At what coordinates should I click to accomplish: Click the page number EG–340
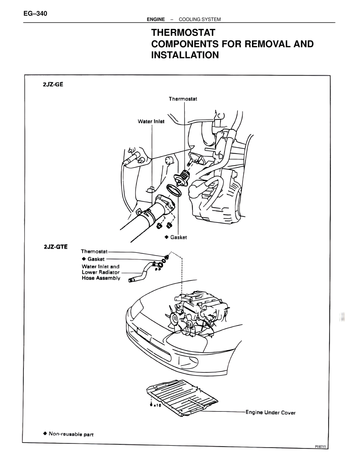(35, 14)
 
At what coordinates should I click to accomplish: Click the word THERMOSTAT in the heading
(183, 33)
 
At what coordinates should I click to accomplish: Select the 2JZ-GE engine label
(53, 84)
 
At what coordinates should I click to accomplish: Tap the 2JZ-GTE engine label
(56, 247)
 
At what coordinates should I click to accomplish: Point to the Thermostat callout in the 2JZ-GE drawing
(183, 99)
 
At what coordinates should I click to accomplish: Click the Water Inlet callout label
(151, 121)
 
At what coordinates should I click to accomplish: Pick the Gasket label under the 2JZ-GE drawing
(178, 237)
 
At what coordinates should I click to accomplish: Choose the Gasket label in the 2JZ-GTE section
(96, 259)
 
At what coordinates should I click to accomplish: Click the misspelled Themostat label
(94, 251)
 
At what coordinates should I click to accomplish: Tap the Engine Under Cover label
(271, 413)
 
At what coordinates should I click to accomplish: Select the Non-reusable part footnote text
(71, 434)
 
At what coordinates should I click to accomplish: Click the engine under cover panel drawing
(183, 397)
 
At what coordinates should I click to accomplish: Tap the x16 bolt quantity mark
(156, 405)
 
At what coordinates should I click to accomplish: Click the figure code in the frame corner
(322, 446)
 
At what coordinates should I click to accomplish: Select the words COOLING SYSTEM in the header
(200, 19)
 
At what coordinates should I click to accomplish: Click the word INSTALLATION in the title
(185, 55)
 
